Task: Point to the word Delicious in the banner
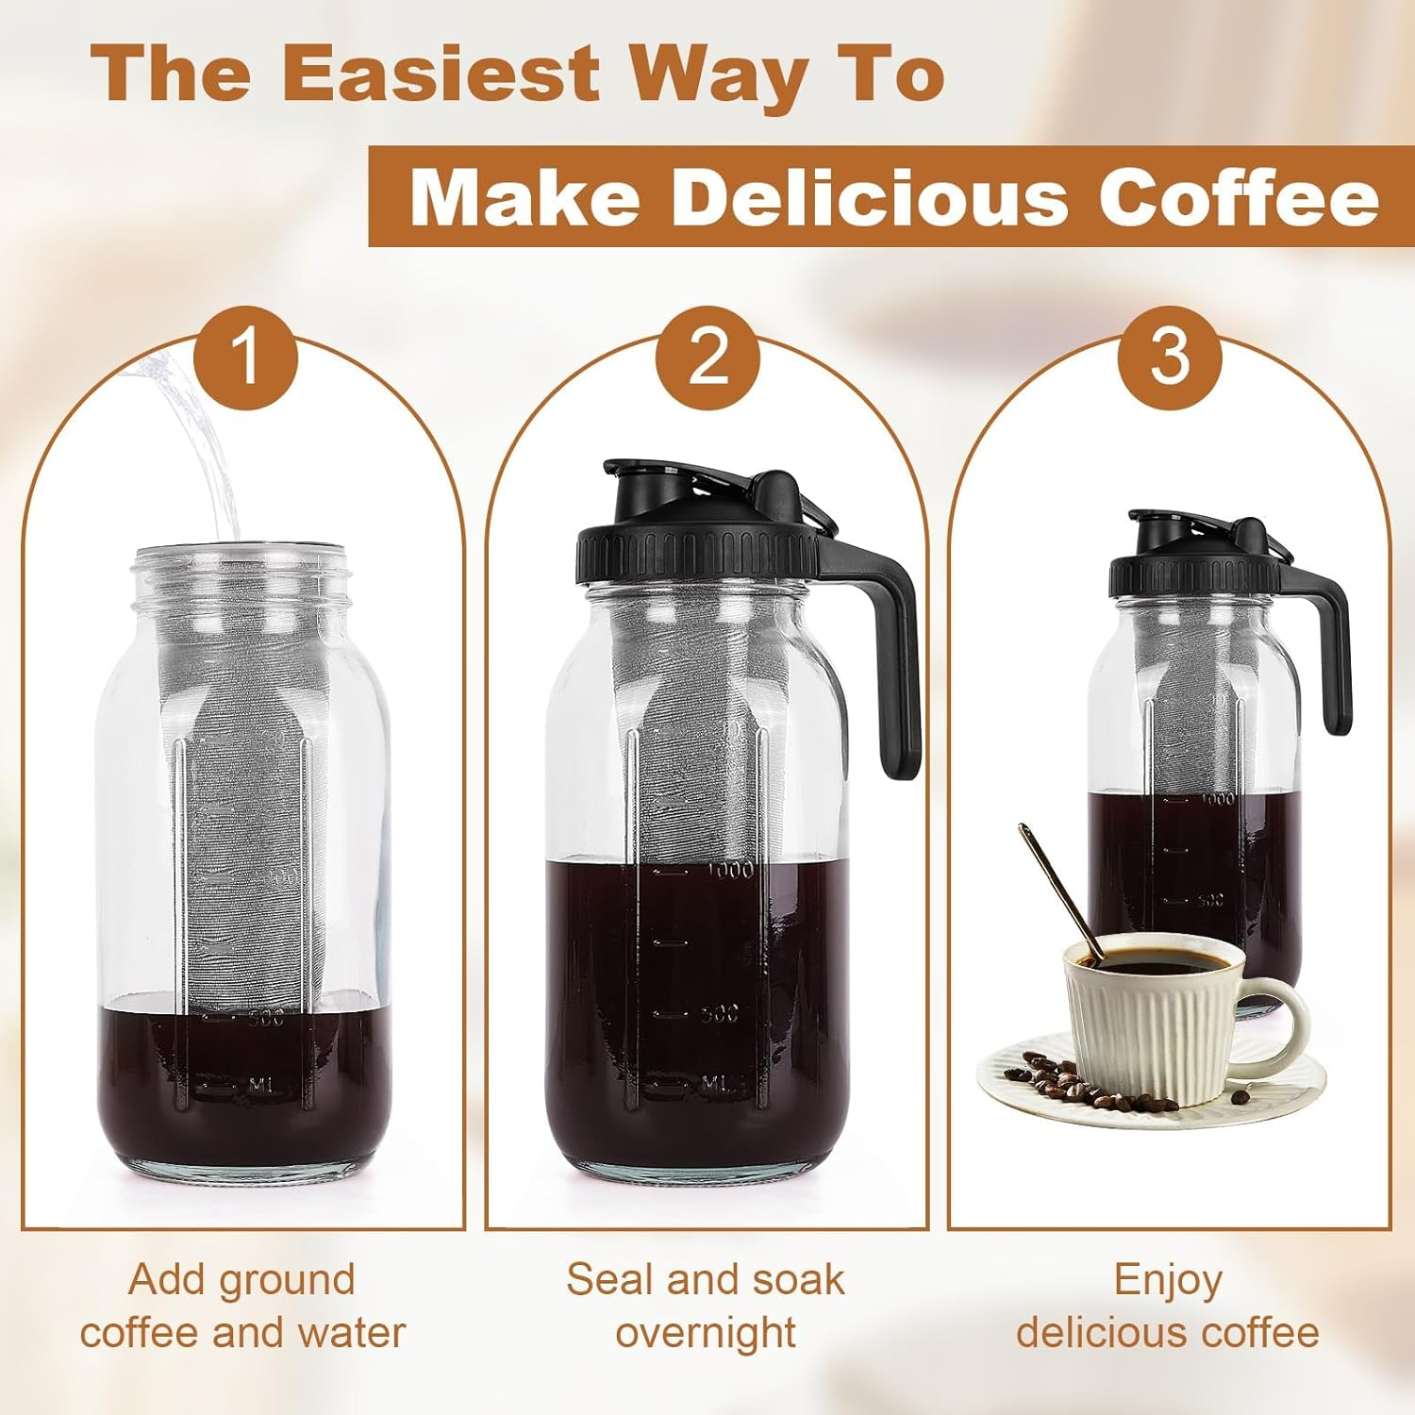[x=867, y=197]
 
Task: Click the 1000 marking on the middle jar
[x=729, y=870]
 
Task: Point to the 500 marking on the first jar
[x=266, y=1019]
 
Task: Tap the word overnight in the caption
[x=706, y=1333]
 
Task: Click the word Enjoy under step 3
[x=1168, y=1280]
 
